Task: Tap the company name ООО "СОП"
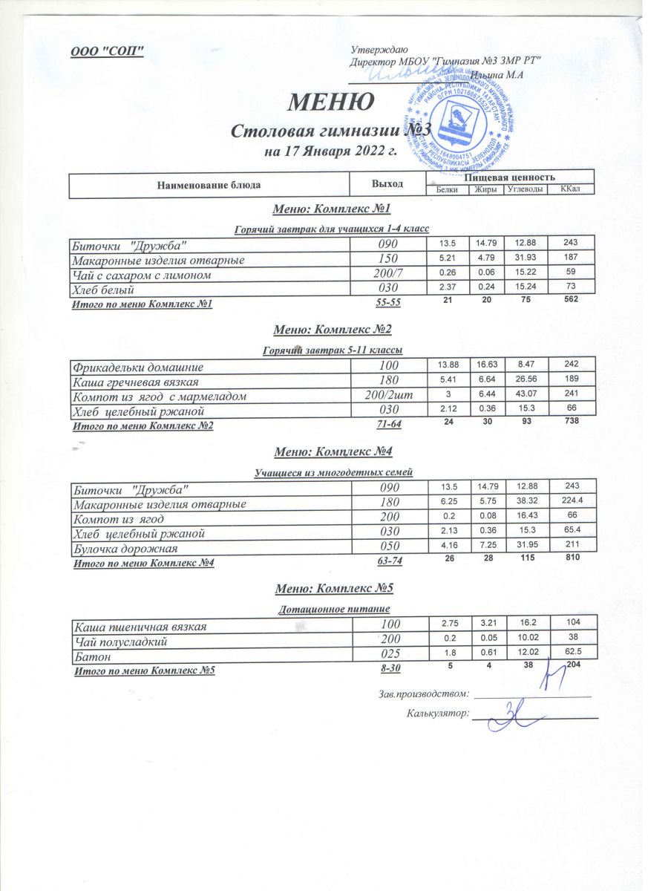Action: [107, 51]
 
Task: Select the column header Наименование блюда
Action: [209, 183]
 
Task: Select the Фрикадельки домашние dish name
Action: [137, 366]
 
